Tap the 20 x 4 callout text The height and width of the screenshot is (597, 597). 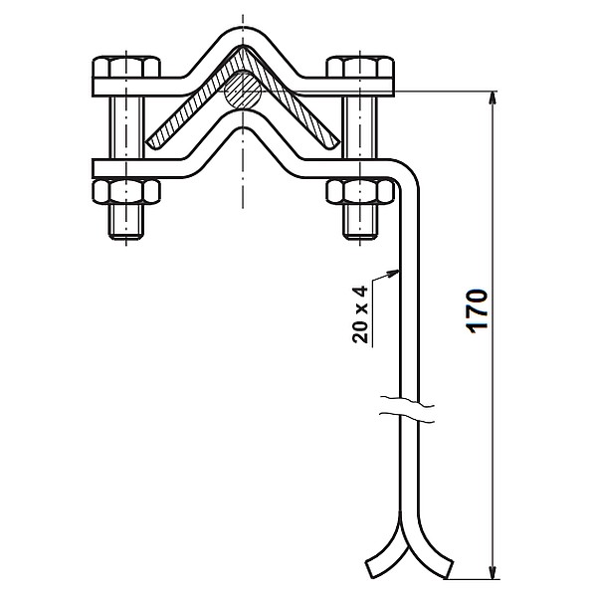click(360, 314)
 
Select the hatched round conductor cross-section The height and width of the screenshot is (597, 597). click(242, 91)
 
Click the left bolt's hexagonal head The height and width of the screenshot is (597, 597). click(126, 67)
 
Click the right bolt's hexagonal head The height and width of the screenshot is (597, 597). click(360, 67)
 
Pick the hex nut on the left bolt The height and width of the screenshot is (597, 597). click(126, 191)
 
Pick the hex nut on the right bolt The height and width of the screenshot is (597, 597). click(360, 191)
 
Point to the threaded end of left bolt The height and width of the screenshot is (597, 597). click(126, 222)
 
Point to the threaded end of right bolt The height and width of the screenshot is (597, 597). click(360, 222)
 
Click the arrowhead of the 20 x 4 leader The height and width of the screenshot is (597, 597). click(394, 273)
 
